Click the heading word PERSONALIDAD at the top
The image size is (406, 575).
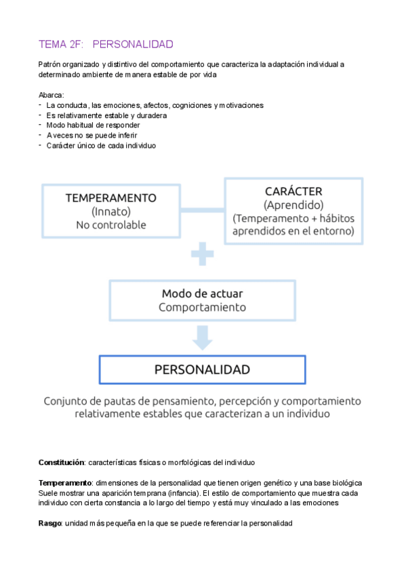pyautogui.click(x=133, y=44)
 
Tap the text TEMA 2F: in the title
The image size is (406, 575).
pyautogui.click(x=60, y=44)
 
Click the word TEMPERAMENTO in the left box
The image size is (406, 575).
pyautogui.click(x=110, y=198)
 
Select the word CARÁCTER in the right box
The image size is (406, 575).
pyautogui.click(x=293, y=191)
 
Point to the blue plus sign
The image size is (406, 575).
pyautogui.click(x=201, y=256)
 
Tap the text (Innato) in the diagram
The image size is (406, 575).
pyautogui.click(x=110, y=212)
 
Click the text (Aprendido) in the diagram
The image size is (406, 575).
pyautogui.click(x=293, y=205)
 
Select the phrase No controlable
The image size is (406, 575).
pyautogui.click(x=110, y=225)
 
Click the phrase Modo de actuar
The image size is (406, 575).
pyautogui.click(x=202, y=294)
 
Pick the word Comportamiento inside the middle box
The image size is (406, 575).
pyautogui.click(x=202, y=307)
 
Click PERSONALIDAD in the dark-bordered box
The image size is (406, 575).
pyautogui.click(x=202, y=370)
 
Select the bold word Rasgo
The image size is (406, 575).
pyautogui.click(x=50, y=523)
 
